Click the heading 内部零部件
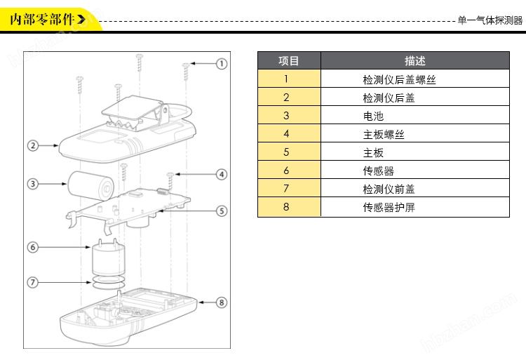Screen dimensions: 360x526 click(x=43, y=19)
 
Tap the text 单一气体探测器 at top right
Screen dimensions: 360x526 click(x=490, y=20)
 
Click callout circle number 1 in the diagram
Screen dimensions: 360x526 click(x=222, y=64)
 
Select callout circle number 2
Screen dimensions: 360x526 click(x=32, y=146)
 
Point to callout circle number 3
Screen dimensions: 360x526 click(x=32, y=185)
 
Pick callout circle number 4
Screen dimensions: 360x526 click(x=222, y=174)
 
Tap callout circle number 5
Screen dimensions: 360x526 click(x=222, y=210)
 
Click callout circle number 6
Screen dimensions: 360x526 click(x=32, y=247)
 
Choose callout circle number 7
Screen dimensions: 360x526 click(x=32, y=282)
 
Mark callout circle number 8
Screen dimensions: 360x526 click(x=222, y=302)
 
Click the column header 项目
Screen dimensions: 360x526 click(x=289, y=61)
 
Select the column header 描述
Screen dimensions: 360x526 click(x=414, y=61)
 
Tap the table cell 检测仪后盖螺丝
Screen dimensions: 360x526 click(x=399, y=80)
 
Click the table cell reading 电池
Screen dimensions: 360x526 click(x=373, y=116)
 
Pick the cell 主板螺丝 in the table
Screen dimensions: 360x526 click(x=384, y=135)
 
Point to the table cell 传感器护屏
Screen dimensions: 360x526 click(x=389, y=207)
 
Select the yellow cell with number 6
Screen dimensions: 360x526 click(x=286, y=171)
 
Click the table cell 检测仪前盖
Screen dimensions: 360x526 click(x=389, y=189)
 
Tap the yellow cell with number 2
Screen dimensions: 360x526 click(x=286, y=98)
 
